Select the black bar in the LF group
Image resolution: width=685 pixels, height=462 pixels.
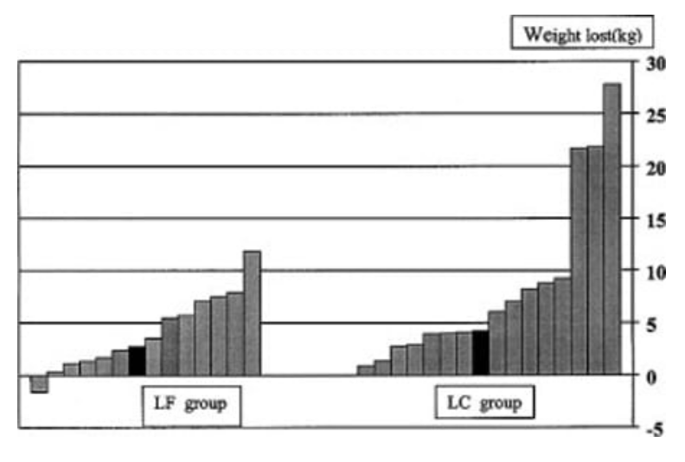click(x=137, y=361)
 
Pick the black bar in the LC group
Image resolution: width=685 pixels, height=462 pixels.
click(x=481, y=353)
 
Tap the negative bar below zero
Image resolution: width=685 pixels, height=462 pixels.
click(x=39, y=384)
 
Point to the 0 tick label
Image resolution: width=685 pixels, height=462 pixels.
click(x=653, y=376)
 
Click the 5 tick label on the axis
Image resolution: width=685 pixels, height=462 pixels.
click(x=653, y=324)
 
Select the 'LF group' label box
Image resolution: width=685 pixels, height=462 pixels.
click(x=191, y=404)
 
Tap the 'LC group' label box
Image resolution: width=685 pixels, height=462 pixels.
click(x=483, y=404)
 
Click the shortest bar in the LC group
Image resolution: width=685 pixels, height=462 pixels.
click(x=365, y=370)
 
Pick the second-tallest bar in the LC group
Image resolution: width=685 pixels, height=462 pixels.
click(x=595, y=260)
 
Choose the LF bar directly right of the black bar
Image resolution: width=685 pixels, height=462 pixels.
click(x=153, y=356)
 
